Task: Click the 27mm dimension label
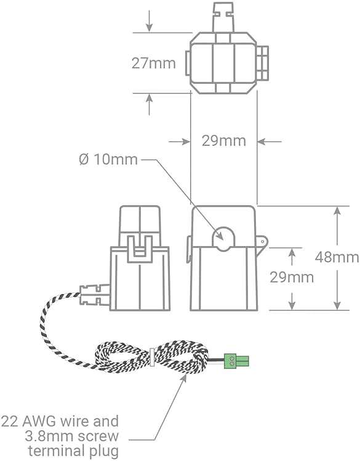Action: (153, 63)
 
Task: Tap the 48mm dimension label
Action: (337, 257)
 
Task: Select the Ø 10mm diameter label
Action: (108, 159)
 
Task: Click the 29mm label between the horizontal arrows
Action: (223, 141)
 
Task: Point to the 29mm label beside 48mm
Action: (292, 277)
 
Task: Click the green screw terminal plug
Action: (236, 361)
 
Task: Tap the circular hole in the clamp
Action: (223, 238)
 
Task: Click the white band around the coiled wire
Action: (151, 357)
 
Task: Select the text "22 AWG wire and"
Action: (60, 422)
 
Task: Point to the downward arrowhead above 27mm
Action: (150, 27)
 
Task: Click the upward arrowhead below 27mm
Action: (150, 98)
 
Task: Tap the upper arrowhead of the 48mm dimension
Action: (337, 211)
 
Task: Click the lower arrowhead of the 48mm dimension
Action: (337, 305)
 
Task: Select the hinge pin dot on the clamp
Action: (263, 241)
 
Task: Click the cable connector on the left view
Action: (94, 295)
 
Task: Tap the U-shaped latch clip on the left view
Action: (139, 249)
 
